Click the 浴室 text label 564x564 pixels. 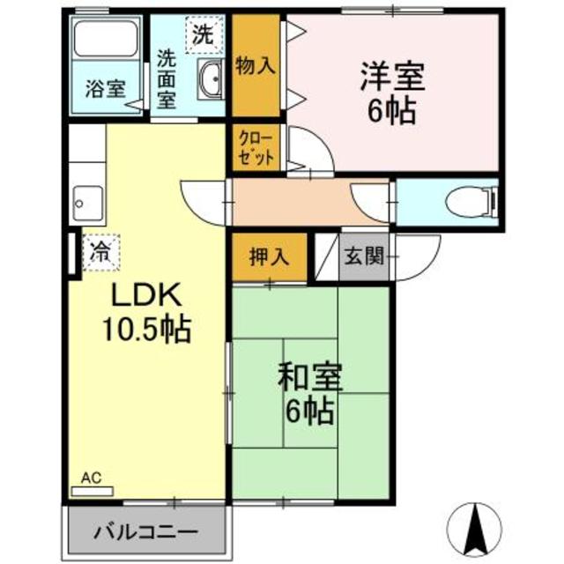coord(105,89)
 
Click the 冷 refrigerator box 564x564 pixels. coord(100,250)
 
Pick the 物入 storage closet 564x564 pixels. coord(256,66)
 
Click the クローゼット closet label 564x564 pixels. coord(256,147)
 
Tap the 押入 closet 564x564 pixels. coord(268,256)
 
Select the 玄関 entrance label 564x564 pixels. coord(362,257)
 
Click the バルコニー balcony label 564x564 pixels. coord(146,532)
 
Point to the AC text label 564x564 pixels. coord(92,478)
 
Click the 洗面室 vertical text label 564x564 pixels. coord(166,78)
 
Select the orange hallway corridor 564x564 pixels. coord(308,203)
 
